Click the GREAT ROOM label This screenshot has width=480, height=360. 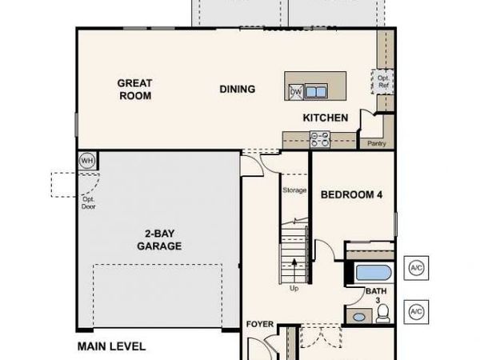(x=134, y=88)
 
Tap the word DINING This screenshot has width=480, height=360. (x=238, y=90)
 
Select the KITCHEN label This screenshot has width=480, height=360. (x=325, y=118)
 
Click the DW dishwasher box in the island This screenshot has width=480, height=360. (x=295, y=91)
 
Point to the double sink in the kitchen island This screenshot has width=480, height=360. (x=316, y=91)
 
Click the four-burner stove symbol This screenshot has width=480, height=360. (x=320, y=140)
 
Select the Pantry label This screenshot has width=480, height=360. (x=376, y=144)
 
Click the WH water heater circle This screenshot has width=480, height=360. (x=86, y=160)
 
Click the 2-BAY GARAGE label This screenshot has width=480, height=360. (x=158, y=240)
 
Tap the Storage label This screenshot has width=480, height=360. (x=294, y=190)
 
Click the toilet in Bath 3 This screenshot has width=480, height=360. (x=382, y=310)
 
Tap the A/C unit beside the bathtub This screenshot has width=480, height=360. (x=416, y=267)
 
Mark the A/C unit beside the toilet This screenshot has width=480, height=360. (x=416, y=311)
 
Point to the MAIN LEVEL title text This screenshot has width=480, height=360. (x=111, y=346)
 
